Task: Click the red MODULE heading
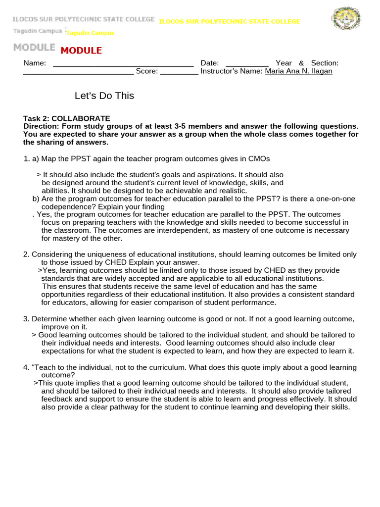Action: (81, 51)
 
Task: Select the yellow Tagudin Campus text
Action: (90, 33)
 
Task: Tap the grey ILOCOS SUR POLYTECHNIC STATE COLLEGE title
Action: (84, 19)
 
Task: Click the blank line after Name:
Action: (123, 64)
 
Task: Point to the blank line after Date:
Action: (247, 64)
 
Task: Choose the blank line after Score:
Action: (179, 72)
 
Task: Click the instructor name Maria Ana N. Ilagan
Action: (298, 71)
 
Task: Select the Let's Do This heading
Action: (104, 96)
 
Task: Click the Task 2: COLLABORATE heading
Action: (67, 118)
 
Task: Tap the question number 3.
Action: (26, 319)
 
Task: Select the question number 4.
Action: (26, 367)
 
